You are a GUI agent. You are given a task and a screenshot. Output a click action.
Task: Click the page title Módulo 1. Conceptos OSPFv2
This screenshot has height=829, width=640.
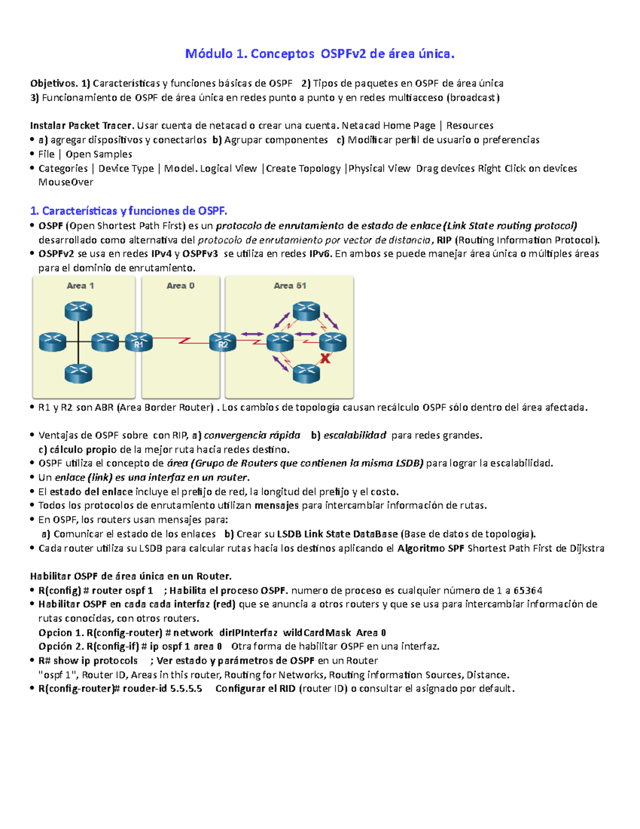pos(319,54)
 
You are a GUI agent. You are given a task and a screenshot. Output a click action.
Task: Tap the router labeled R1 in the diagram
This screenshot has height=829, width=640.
pos(139,342)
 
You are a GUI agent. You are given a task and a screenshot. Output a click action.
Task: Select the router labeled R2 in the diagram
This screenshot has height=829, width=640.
pos(223,342)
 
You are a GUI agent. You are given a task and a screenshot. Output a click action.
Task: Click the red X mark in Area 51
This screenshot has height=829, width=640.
pos(325,359)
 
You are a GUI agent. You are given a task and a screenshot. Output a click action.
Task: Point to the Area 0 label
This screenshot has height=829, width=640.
pos(180,286)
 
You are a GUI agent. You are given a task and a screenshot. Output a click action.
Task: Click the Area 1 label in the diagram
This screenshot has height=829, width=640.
pos(80,286)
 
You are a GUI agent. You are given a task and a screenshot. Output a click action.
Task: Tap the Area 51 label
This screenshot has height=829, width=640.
pos(290,286)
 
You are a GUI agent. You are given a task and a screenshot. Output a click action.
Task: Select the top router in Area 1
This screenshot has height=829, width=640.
pos(78,311)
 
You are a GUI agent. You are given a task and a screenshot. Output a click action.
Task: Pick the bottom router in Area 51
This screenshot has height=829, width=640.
pos(306,373)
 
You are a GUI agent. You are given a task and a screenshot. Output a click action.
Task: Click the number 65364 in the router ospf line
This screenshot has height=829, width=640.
pos(527,591)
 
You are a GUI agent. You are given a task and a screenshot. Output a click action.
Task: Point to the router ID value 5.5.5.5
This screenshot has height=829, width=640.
pos(186,689)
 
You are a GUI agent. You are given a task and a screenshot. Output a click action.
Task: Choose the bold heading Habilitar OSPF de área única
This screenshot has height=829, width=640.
pos(131,577)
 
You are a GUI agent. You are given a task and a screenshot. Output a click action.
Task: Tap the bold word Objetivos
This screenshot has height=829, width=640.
pos(53,83)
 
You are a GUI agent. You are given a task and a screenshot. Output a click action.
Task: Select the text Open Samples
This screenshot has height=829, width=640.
pos(99,154)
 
